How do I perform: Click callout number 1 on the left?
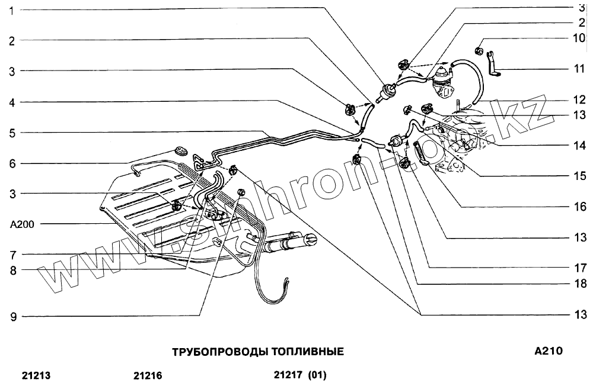pos(11,9)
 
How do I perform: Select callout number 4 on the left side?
pos(11,102)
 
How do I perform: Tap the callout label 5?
pos(11,133)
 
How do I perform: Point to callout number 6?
pos(11,163)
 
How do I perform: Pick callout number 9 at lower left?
pos(11,317)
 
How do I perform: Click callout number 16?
pos(579,207)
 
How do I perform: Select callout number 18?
pos(579,284)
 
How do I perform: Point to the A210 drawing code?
pos(549,350)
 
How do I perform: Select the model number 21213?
pos(36,375)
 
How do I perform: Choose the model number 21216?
pos(148,375)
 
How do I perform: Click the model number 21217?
pos(289,375)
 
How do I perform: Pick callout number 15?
pos(579,176)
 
